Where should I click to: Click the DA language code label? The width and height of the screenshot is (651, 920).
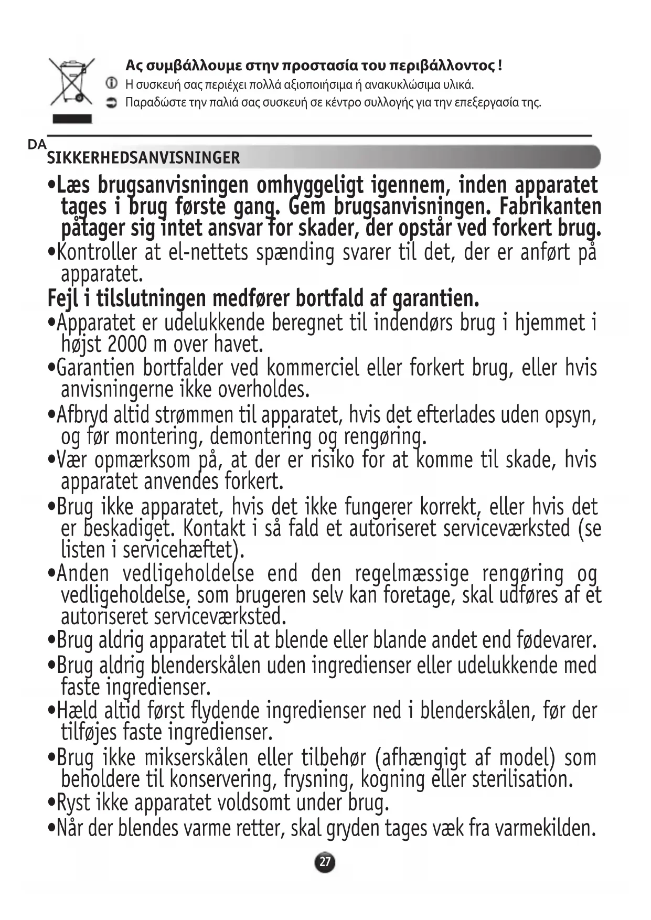pos(37,145)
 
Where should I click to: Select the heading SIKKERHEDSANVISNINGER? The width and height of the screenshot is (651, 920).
pos(143,157)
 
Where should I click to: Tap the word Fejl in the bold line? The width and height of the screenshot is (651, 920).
pos(62,298)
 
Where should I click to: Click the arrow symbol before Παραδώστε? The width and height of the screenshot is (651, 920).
pos(111,102)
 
